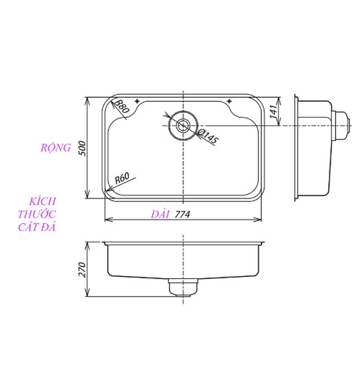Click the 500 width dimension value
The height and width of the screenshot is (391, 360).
pyautogui.click(x=81, y=149)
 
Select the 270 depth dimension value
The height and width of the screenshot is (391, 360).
pyautogui.click(x=81, y=270)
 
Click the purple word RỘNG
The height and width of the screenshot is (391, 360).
pyautogui.click(x=55, y=148)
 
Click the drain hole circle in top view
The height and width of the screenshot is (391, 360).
pyautogui.click(x=183, y=125)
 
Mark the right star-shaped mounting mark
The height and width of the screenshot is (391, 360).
pyautogui.click(x=229, y=101)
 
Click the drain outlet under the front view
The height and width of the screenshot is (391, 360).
pyautogui.click(x=183, y=287)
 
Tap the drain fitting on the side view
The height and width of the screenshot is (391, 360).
pyautogui.click(x=342, y=125)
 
